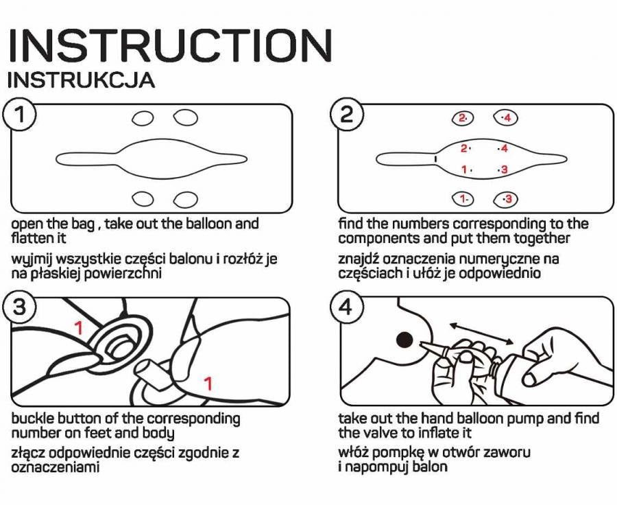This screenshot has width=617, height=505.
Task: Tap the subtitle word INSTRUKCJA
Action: click(81, 80)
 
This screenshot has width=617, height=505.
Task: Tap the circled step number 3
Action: click(20, 308)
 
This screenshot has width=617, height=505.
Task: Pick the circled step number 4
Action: click(346, 308)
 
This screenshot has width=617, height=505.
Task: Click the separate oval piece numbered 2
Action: click(463, 118)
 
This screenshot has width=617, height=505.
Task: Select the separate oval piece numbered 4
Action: click(505, 118)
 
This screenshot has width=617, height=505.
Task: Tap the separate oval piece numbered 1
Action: click(463, 199)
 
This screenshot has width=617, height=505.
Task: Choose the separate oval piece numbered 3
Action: click(506, 199)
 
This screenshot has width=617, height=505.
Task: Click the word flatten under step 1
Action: click(31, 238)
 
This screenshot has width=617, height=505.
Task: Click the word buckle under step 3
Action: click(32, 419)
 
